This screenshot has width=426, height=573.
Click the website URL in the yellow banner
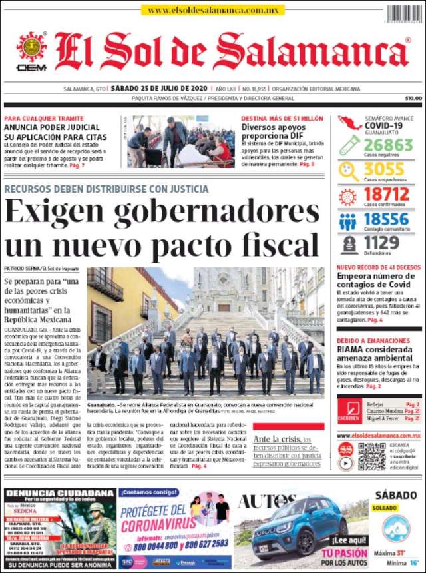pos(213,11)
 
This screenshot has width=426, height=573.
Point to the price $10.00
pos(413,98)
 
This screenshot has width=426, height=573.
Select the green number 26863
pos(388,145)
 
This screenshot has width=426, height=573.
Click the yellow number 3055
pos(384,169)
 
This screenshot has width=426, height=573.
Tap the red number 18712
pos(386,195)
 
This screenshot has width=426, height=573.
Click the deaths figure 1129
pos(381,243)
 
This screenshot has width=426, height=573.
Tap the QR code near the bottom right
pos(371,456)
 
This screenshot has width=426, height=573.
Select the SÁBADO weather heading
pos(395,495)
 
